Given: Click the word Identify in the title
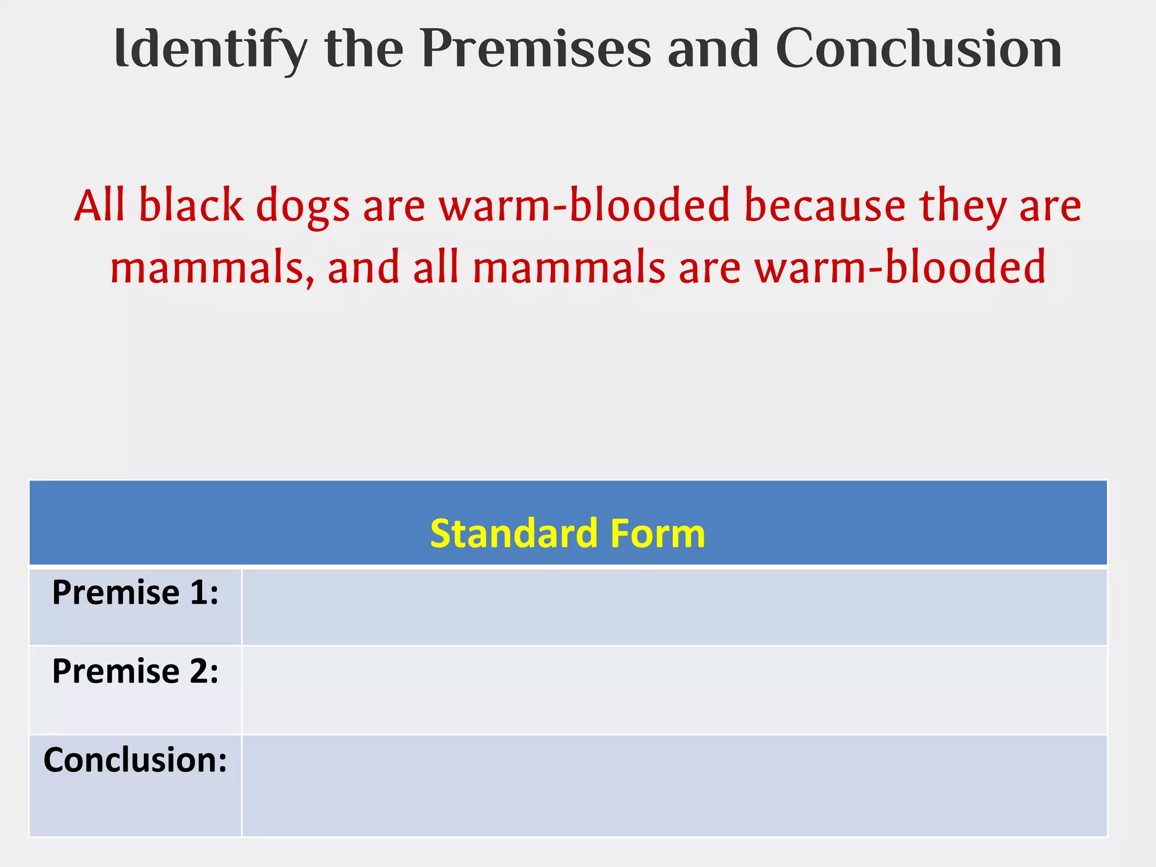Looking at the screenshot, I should point(210,50).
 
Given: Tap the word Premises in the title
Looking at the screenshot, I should point(536,50).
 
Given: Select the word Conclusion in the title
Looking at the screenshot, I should point(918,50).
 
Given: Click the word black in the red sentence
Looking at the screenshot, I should point(191,205).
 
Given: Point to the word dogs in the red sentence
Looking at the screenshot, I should point(303,207).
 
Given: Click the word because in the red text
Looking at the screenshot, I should point(825,205).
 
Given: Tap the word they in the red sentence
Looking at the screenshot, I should point(963,207).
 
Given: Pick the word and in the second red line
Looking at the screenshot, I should point(363,268).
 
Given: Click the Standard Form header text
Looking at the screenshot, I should point(567,533).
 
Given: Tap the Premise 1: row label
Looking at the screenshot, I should point(135,593).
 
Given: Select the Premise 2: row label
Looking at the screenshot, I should point(135,671).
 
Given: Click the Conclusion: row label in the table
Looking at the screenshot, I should point(135,760).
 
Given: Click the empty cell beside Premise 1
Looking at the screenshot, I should point(674,607).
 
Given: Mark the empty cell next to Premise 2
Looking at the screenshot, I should point(674,690).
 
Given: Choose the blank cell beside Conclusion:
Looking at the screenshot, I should point(674,785).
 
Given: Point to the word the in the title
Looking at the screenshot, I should point(364,50).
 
